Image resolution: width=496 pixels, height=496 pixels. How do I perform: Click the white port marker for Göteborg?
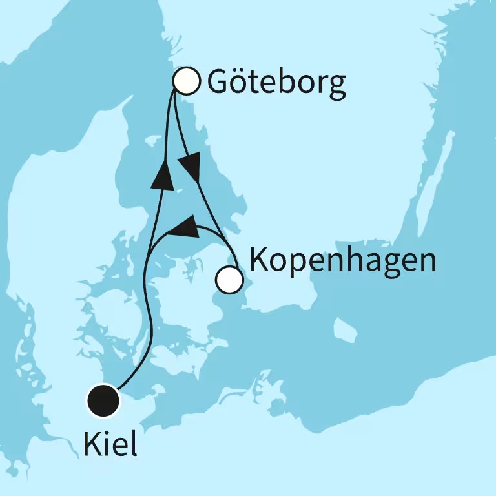(x=187, y=81)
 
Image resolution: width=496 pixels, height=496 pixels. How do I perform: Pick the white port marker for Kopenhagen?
(x=229, y=280)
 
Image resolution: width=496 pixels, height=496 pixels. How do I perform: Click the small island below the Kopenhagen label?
(x=346, y=331)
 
